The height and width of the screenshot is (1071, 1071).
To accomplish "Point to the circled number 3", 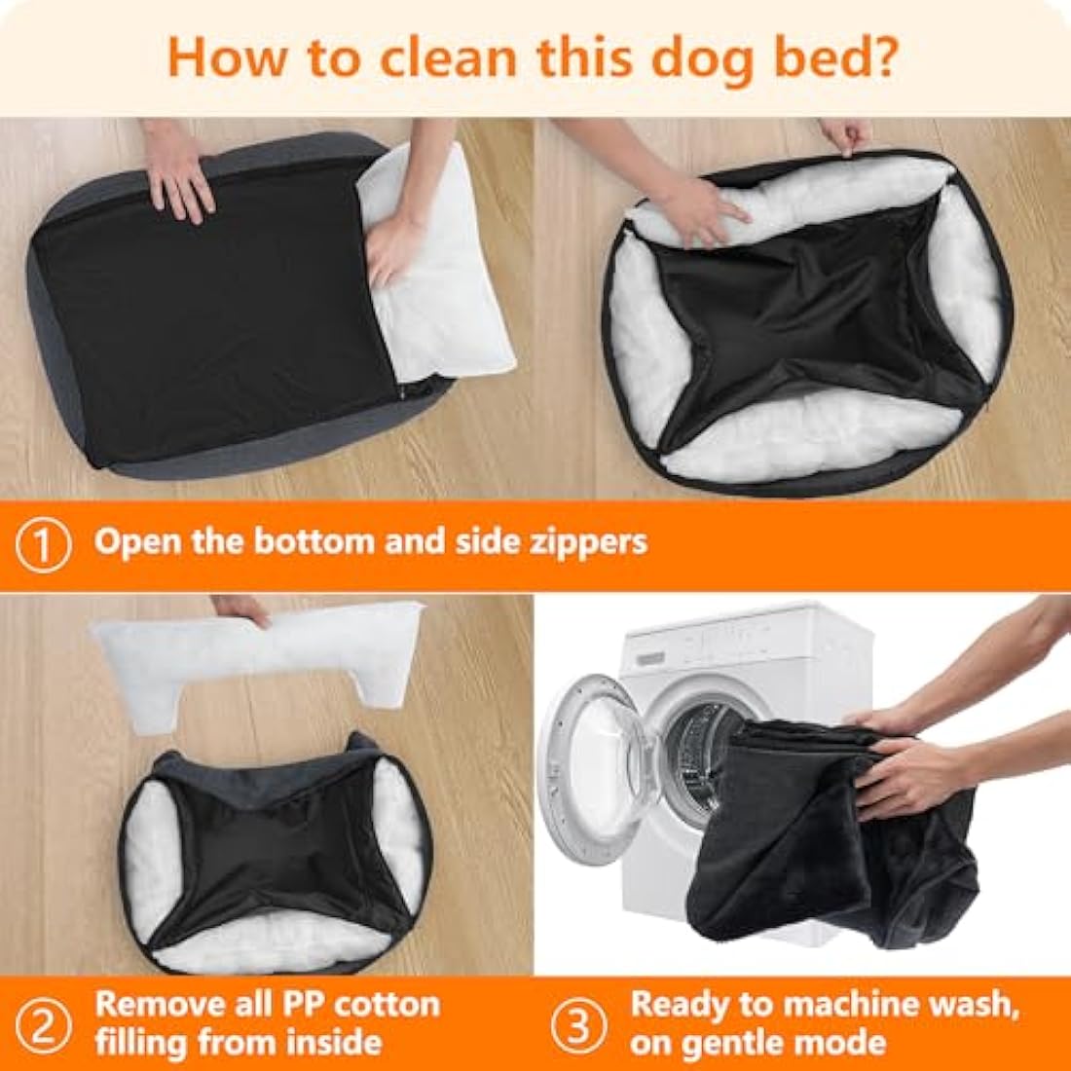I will [x=580, y=1023].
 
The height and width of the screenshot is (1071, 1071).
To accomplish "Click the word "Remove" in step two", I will [x=159, y=1004].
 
